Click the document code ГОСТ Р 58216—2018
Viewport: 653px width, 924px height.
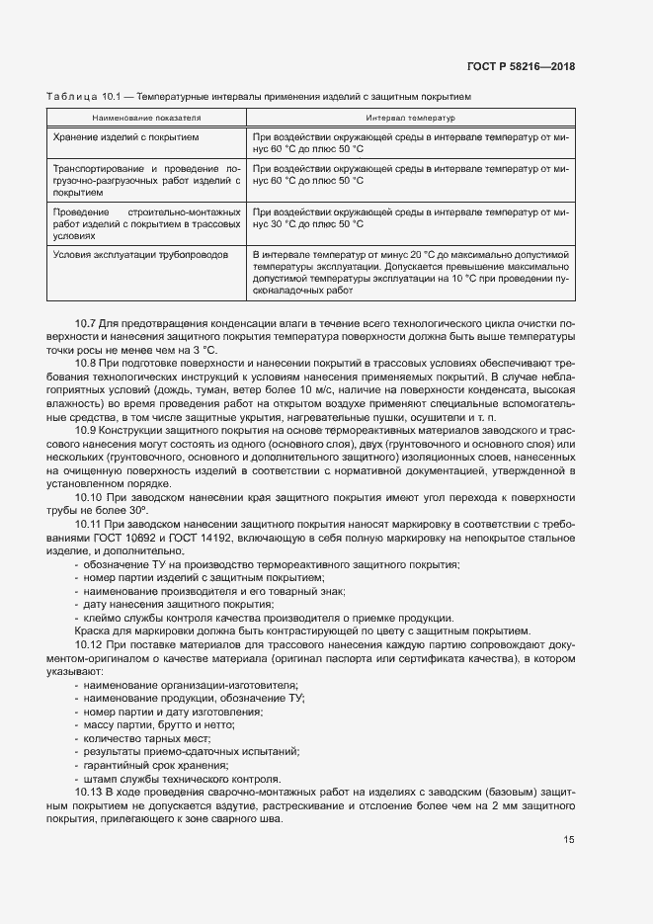pos(520,67)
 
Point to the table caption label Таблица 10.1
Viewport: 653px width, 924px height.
pos(82,98)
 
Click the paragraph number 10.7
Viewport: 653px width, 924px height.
pos(85,324)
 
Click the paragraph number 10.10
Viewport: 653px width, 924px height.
pos(88,499)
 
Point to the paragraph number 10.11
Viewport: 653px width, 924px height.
pos(88,524)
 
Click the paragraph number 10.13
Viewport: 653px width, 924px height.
pos(88,794)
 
